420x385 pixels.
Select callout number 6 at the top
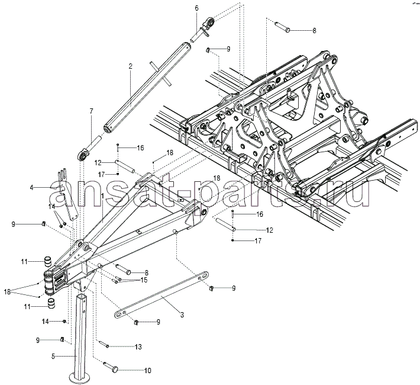point(197,8)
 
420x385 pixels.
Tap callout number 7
point(91,111)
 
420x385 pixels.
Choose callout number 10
point(148,370)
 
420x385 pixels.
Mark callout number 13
point(139,346)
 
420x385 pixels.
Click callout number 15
point(143,280)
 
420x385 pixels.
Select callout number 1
point(102,195)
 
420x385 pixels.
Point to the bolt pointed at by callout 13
point(104,344)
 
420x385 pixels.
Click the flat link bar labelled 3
point(161,295)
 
